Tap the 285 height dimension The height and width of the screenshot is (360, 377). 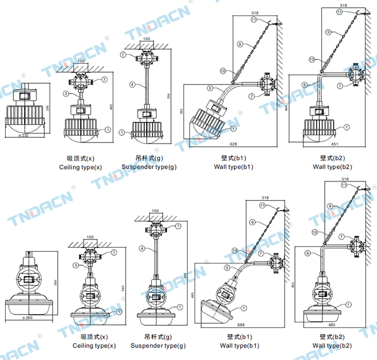click(x=50, y=108)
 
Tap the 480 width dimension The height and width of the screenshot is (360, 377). click(x=331, y=325)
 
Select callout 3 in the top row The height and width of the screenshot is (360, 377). click(x=66, y=93)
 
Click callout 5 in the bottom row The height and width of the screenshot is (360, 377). click(x=227, y=268)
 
